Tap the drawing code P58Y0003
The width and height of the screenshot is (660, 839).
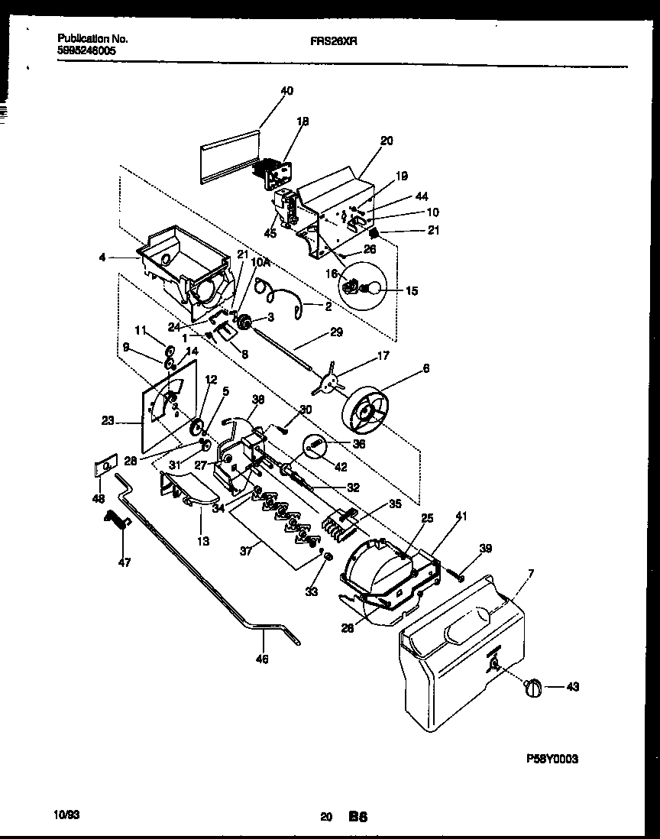(x=552, y=759)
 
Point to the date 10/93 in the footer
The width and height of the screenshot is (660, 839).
(x=69, y=815)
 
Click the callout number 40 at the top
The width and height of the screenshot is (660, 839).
(x=286, y=91)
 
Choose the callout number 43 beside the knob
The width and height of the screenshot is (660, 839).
(x=573, y=687)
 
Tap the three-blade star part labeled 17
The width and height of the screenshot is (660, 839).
(x=332, y=381)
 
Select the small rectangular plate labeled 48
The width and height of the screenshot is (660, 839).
(x=105, y=466)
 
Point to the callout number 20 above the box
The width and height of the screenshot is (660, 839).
(x=387, y=141)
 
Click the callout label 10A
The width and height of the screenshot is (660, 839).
(x=261, y=262)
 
